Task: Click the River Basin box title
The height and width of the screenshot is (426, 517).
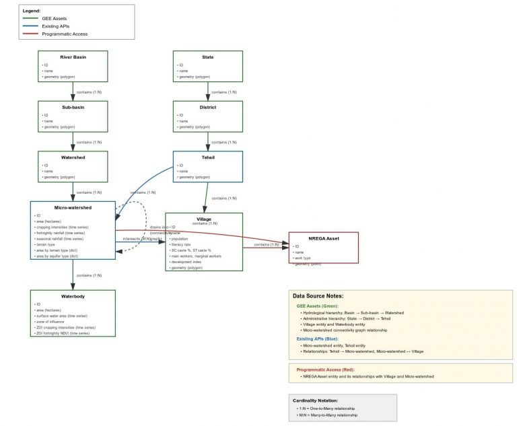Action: tap(73, 57)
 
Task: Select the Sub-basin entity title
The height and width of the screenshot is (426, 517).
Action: tap(73, 107)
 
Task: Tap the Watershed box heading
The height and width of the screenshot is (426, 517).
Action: tap(73, 157)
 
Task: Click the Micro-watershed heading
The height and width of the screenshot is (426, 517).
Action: tap(73, 207)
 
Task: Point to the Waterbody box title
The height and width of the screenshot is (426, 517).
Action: tap(73, 296)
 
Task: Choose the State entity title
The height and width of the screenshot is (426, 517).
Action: tap(207, 57)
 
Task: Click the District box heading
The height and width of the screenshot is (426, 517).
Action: tap(207, 107)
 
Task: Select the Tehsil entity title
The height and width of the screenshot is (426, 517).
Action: tap(207, 157)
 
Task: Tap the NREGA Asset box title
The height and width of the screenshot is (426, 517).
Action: tap(323, 238)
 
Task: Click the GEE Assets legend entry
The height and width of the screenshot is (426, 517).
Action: tap(54, 18)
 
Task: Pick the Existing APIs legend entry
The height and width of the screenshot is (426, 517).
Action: tap(56, 26)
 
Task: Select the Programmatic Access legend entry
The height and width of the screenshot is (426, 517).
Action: tap(64, 34)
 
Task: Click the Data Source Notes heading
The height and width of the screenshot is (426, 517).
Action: tap(318, 296)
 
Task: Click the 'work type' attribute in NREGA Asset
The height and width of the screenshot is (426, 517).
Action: tap(302, 258)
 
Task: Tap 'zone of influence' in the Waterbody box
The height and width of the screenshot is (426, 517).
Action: tap(53, 322)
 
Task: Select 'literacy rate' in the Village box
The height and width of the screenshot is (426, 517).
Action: tap(182, 244)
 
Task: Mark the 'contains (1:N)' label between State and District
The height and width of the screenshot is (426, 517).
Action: tap(223, 92)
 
